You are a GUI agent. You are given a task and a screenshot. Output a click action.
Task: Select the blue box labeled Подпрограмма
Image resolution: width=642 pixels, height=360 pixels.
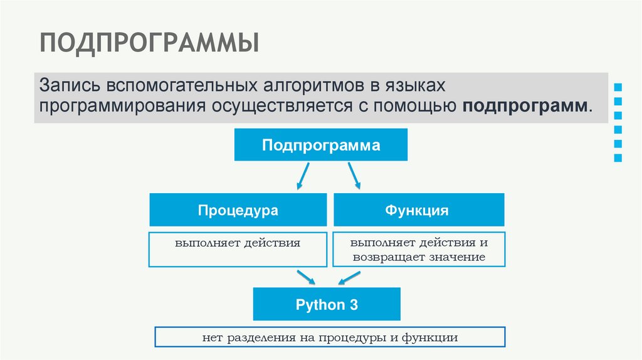click(x=321, y=145)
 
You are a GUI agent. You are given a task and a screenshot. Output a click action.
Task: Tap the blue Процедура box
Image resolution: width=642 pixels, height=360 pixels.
click(x=238, y=210)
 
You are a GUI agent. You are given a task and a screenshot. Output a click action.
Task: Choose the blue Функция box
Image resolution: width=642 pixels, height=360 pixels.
click(x=418, y=210)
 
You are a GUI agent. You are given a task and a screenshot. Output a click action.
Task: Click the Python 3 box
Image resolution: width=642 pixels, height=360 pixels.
click(x=327, y=305)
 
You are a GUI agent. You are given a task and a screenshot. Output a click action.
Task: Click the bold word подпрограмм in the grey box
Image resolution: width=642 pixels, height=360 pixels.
click(x=525, y=105)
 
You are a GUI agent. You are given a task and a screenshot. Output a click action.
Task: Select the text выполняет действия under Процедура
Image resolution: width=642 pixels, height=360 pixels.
click(x=238, y=242)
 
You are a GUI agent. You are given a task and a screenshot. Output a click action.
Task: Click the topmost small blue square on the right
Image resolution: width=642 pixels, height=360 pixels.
click(x=618, y=87)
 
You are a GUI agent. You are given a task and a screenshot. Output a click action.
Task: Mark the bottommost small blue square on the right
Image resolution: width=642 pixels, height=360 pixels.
click(x=618, y=159)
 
